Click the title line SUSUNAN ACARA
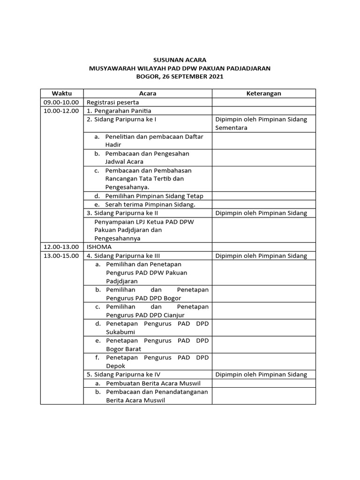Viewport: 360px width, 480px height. pos(180,60)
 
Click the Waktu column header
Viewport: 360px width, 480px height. pos(61,93)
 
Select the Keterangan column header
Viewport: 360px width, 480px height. pos(263,93)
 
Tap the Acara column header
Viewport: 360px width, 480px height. pos(148,93)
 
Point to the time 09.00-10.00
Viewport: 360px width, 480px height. pos(61,102)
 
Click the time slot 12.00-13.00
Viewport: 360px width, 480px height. pos(61,247)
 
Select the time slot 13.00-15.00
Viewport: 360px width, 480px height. pos(61,255)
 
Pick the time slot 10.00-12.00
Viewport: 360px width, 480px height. pos(61,111)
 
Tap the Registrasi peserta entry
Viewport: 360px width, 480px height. pos(112,102)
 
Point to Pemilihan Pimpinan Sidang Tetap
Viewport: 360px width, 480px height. pos(154,196)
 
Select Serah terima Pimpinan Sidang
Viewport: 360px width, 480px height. pos(150,204)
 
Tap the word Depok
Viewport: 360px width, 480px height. pos(115,366)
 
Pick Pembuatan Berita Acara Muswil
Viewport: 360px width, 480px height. pos(153,383)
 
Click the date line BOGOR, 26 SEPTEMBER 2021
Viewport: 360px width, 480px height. pos(180,76)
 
